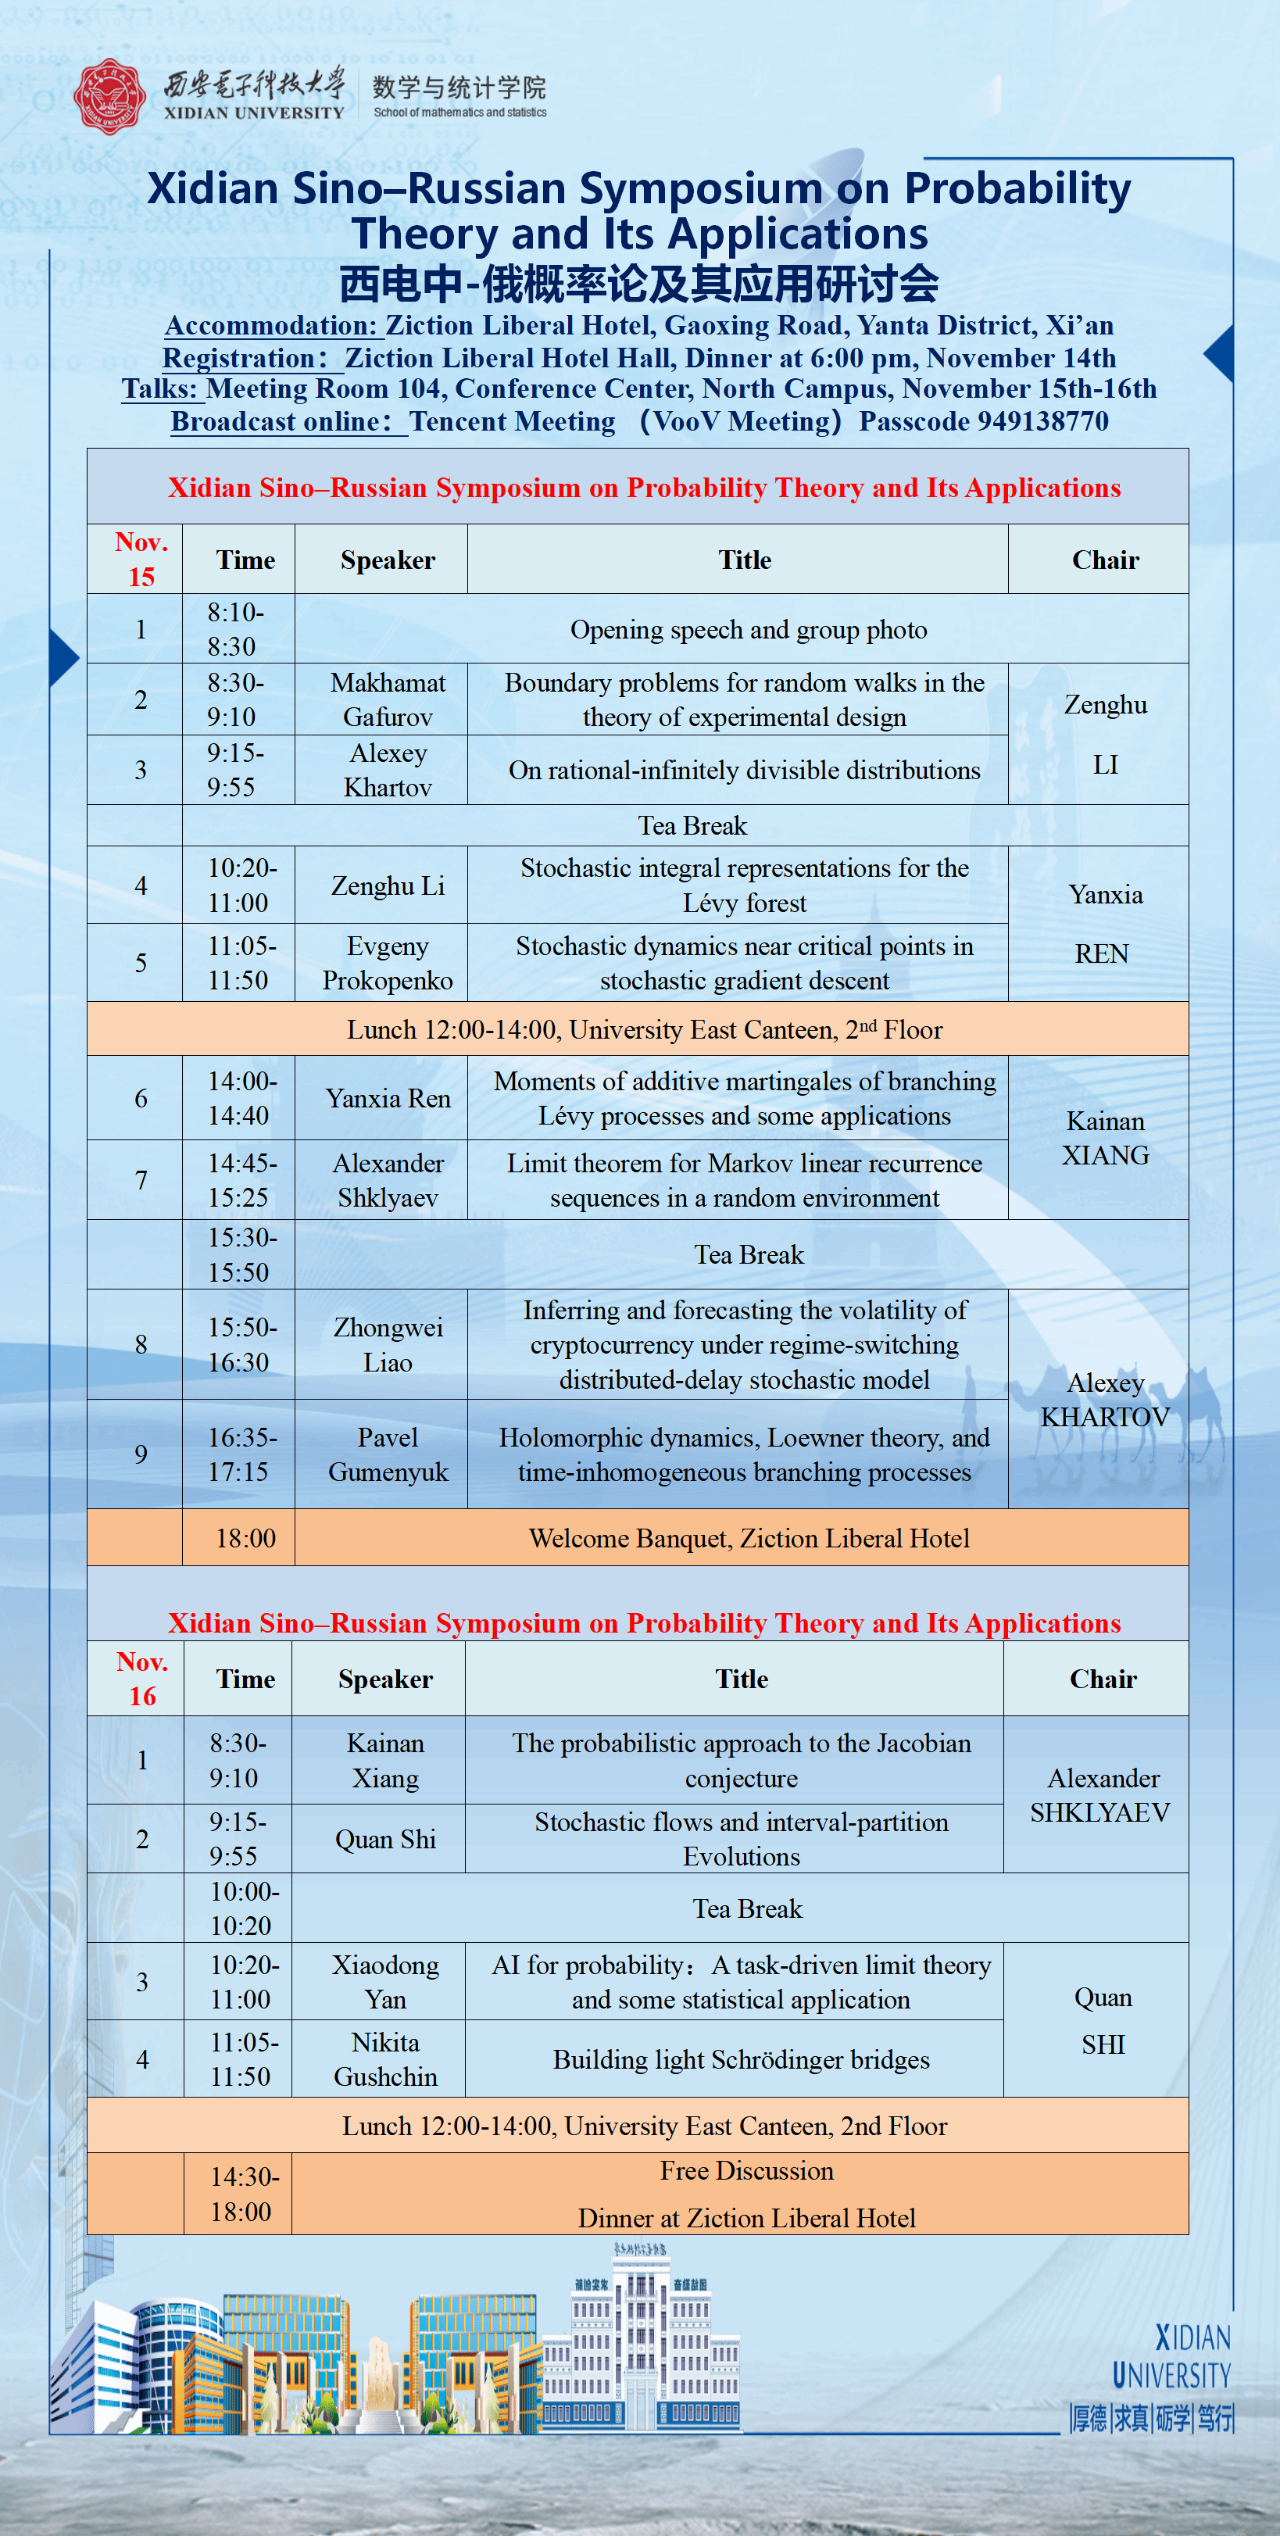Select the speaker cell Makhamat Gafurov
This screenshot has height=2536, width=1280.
pos(387,700)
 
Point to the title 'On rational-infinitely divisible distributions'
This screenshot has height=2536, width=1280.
pos(745,770)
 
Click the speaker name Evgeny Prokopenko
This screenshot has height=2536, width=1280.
pos(387,963)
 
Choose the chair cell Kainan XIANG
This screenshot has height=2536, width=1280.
pos(1105,1138)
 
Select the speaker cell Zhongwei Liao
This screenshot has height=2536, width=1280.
pos(387,1345)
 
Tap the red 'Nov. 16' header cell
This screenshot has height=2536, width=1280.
pos(141,1679)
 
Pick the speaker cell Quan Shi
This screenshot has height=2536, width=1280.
pos(385,1839)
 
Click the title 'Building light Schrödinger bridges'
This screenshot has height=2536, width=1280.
pos(741,2059)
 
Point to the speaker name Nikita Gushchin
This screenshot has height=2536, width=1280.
pos(385,2059)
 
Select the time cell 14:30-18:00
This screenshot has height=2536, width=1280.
pos(243,2194)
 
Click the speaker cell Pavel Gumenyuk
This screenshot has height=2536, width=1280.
pos(387,1454)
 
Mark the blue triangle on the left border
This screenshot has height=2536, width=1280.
pos(63,656)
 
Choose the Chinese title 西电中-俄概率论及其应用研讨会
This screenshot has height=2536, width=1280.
pos(639,284)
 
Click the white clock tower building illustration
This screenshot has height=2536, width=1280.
pos(640,2343)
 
